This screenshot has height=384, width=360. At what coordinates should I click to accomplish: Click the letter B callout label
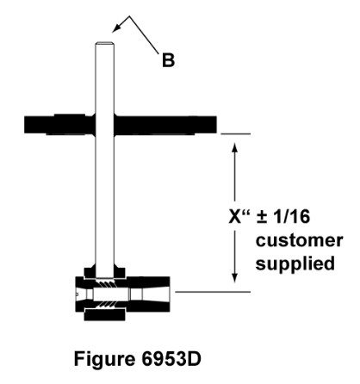coord(168,60)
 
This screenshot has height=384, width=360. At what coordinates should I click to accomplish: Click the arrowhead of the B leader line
coord(115,29)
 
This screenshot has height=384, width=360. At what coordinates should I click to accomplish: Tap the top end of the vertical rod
coord(104,43)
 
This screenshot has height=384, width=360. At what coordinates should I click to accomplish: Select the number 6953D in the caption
coord(171,358)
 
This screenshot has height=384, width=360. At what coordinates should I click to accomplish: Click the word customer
coord(299,240)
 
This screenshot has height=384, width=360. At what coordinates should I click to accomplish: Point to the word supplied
coord(295,263)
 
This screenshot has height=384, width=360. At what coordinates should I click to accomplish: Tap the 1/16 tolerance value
coord(292,216)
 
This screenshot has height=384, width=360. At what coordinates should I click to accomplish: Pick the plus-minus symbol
coord(262,217)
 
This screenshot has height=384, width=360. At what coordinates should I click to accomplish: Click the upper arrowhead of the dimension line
coord(234,148)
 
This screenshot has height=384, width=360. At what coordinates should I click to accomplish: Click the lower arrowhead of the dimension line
coord(234,277)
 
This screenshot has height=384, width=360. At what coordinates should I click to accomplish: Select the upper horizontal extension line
coord(235,133)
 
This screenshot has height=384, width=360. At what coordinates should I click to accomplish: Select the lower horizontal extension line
coord(213,292)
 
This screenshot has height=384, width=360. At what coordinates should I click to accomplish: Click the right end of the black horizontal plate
coord(216,125)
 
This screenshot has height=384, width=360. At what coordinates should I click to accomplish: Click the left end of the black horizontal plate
coord(25,125)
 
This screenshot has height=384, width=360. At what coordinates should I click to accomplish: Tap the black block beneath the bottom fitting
coord(104,315)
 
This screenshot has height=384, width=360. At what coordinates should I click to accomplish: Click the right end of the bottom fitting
coord(170,294)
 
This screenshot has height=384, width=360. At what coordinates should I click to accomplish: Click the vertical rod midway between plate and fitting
coord(104,198)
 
